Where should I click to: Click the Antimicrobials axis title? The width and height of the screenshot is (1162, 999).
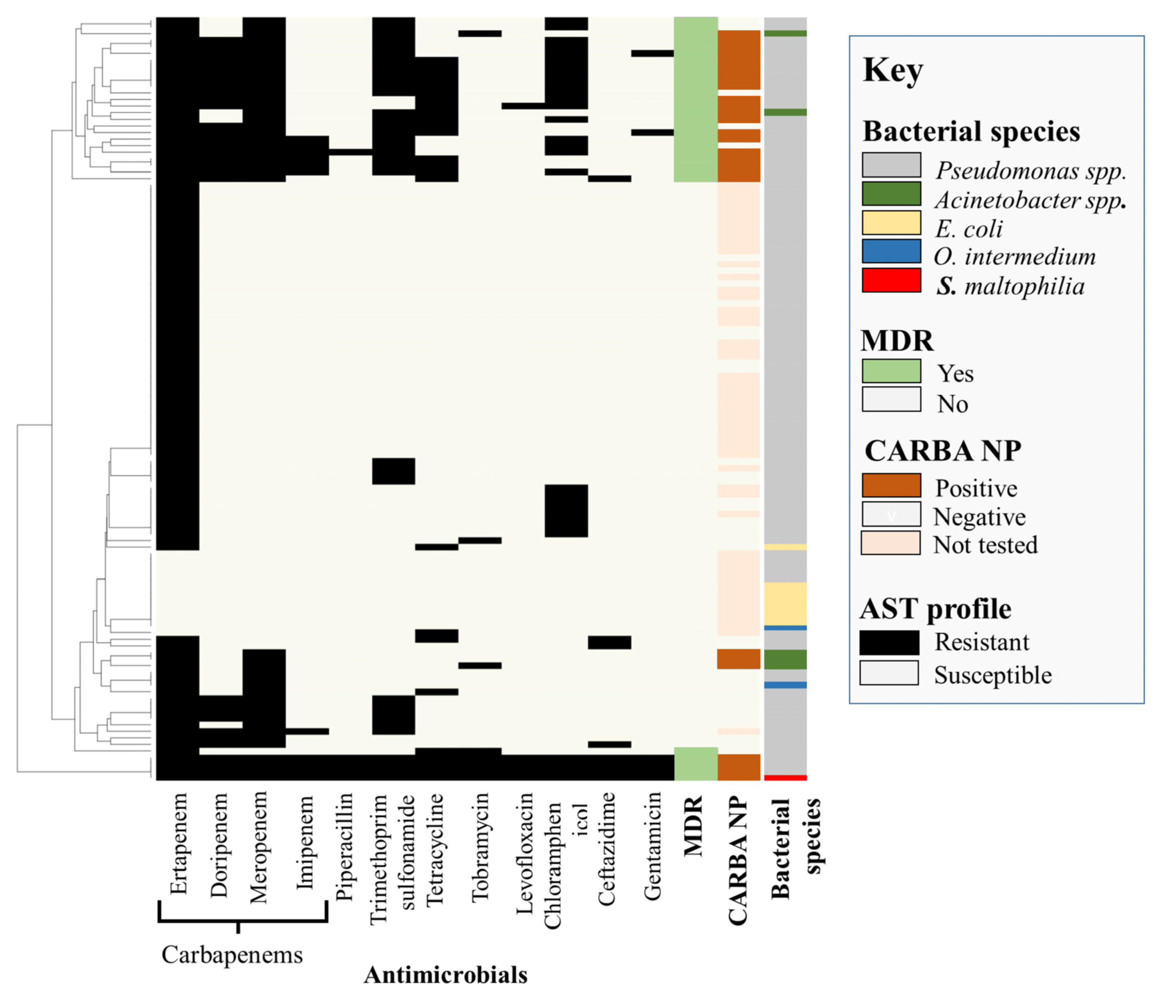click(445, 975)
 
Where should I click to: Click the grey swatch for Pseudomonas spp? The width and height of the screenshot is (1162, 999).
click(891, 165)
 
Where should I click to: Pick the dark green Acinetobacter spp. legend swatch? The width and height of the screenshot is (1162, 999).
click(891, 194)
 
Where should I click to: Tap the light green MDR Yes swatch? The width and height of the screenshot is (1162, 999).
click(891, 371)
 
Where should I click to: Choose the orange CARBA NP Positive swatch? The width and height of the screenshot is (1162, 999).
click(891, 485)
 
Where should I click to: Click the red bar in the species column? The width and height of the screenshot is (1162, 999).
click(785, 777)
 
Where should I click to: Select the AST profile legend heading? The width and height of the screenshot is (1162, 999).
click(935, 608)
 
